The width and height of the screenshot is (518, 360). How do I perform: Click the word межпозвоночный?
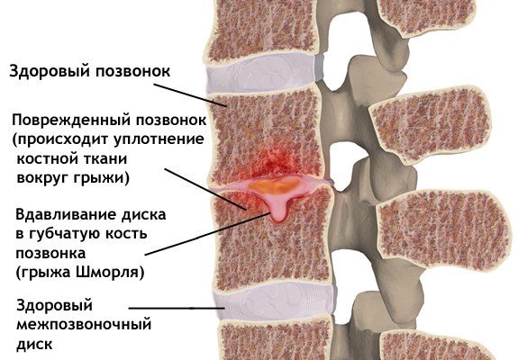84,325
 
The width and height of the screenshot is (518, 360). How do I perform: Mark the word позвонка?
50,254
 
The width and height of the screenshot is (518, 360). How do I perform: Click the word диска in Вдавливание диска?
144,215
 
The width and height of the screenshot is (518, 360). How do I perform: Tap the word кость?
126,234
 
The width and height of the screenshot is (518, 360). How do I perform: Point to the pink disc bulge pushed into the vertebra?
277,212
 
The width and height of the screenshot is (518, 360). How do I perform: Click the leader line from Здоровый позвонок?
190,95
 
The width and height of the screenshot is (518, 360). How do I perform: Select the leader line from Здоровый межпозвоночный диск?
177,308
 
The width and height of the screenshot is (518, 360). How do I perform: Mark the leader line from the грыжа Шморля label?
208,234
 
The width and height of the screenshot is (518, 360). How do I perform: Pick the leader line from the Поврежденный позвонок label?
205,189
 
